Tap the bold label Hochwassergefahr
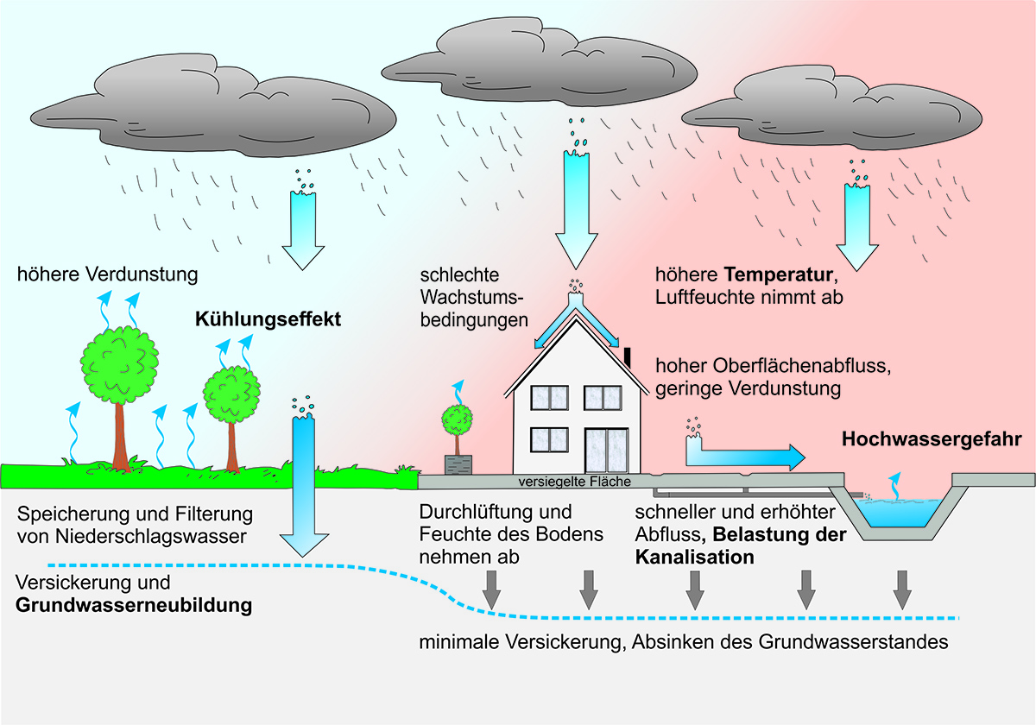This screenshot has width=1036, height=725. (932, 439)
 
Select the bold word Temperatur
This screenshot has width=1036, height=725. (778, 276)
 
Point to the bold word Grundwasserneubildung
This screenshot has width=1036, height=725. (134, 605)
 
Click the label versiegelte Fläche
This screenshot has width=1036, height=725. (574, 481)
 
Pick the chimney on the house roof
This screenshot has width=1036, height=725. (628, 355)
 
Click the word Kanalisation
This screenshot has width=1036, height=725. (695, 558)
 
